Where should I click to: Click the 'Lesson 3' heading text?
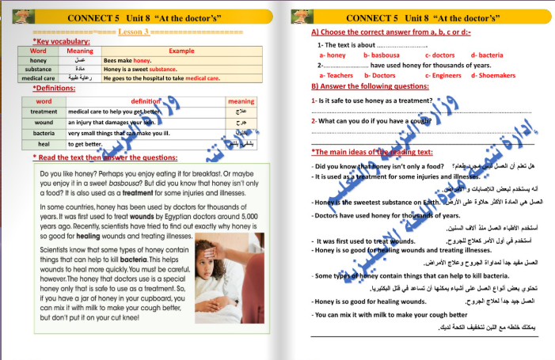[x=134, y=32]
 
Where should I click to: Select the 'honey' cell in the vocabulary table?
[x=38, y=60]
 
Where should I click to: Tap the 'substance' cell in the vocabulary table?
[x=38, y=70]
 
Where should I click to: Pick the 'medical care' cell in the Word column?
[x=38, y=78]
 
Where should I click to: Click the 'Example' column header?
[x=181, y=51]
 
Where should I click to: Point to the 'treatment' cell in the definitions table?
[x=44, y=112]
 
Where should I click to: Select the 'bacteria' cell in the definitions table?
[x=44, y=134]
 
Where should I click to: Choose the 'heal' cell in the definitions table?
[x=44, y=145]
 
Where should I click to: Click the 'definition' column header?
[x=145, y=101]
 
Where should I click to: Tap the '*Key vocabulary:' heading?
[x=61, y=41]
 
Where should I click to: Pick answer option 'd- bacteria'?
[x=487, y=55]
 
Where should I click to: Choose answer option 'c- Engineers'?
[x=443, y=75]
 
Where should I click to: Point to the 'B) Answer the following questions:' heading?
[x=370, y=86]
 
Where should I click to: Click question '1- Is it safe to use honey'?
[x=371, y=100]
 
